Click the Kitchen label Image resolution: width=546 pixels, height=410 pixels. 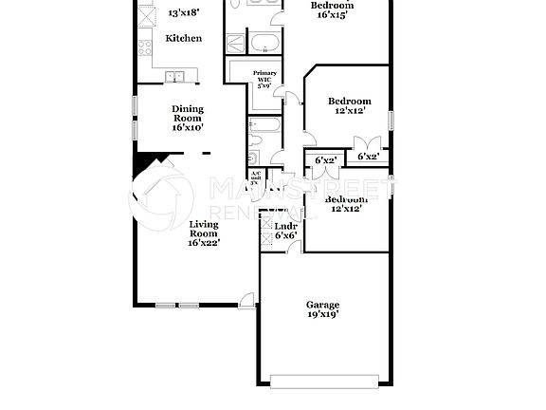click(184, 38)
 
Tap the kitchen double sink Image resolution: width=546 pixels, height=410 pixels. click(175, 77)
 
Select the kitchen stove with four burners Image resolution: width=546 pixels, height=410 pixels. click(144, 45)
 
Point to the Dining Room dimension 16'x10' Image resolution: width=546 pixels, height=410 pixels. click(188, 126)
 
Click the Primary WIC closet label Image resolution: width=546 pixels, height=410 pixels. click(264, 78)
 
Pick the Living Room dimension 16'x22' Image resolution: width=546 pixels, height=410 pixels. click(203, 243)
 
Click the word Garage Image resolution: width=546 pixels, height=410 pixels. click(322, 305)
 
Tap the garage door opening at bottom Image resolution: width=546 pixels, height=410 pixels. click(323, 381)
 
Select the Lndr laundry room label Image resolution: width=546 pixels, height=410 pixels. click(285, 227)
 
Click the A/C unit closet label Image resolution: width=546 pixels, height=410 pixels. click(255, 177)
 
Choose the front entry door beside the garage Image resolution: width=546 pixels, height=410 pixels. click(247, 303)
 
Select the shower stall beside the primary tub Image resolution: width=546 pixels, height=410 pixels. click(236, 43)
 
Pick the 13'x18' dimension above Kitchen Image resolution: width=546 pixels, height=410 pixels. click(184, 13)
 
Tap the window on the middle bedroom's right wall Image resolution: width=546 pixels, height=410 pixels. click(390, 119)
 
